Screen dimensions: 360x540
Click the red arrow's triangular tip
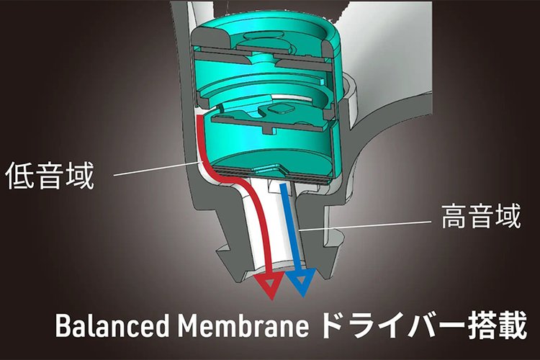[270, 287]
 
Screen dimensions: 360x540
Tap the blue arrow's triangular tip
[300, 286]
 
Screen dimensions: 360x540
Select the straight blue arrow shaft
[291, 230]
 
